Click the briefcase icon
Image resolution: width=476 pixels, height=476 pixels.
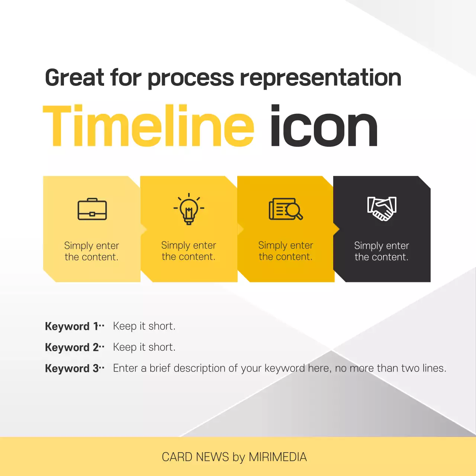coord(92,209)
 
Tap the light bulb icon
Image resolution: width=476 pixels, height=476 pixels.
coord(189,209)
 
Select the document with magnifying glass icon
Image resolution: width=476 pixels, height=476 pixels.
coord(286,209)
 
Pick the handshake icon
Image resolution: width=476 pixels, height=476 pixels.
coord(382,209)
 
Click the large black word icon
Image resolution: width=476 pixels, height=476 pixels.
coord(324,126)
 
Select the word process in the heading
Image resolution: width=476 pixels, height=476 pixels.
coord(191,78)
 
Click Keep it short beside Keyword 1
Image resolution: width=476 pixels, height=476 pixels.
coord(144,326)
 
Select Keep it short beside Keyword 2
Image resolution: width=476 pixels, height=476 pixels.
coord(144,347)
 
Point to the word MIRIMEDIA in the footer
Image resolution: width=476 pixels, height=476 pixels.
coord(278,457)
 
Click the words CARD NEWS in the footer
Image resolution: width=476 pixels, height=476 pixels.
coord(195,457)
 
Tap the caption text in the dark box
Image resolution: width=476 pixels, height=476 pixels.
coord(382,251)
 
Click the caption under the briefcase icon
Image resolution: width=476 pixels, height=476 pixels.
coord(91,251)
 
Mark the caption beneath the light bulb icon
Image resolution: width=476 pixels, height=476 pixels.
coord(189,251)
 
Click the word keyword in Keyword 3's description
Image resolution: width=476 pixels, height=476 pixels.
coord(284,369)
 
